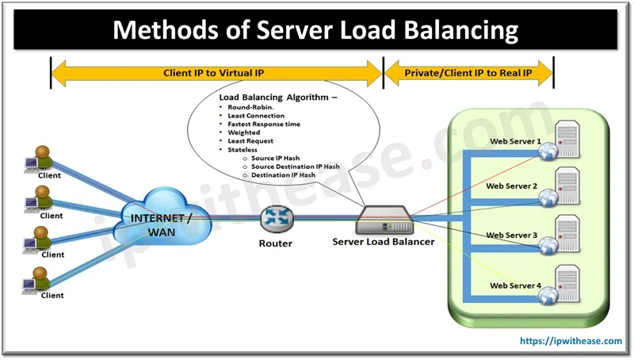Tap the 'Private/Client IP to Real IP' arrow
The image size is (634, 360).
coord(468,72)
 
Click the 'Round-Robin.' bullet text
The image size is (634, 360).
coord(250,106)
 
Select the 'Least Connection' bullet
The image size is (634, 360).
coord(255,116)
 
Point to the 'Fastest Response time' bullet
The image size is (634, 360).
coord(263,124)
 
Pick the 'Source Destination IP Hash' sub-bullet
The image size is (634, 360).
coord(295,167)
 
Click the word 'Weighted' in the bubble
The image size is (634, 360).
coord(243,132)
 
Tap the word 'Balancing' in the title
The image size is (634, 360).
coord(453,30)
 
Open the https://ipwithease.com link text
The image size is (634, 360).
coord(571,341)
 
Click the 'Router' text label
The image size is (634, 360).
coord(276,243)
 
